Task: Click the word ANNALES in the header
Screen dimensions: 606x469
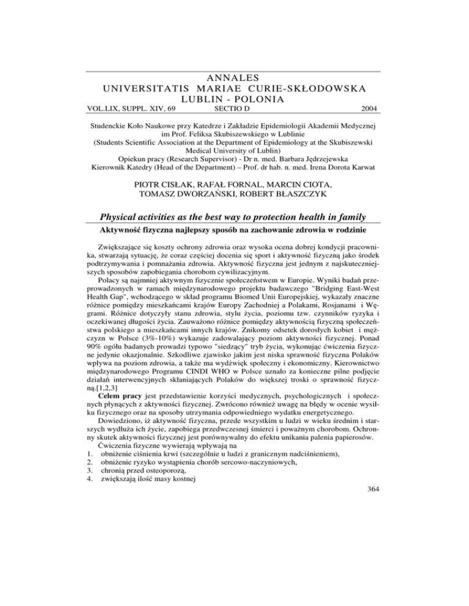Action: (234, 77)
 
